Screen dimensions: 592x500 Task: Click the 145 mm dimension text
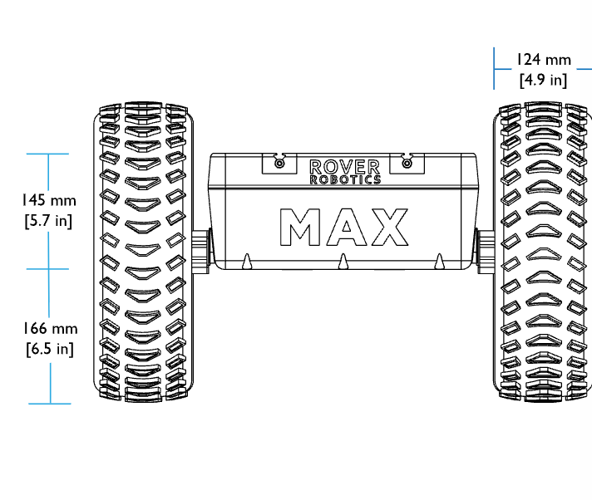[49, 200]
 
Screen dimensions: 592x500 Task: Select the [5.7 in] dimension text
[48, 221]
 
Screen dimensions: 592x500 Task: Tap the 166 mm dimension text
[50, 328]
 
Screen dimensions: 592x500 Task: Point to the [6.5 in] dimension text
[50, 349]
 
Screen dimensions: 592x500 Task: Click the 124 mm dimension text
[543, 60]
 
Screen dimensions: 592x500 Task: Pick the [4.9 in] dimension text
[543, 80]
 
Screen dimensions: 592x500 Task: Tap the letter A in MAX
[347, 227]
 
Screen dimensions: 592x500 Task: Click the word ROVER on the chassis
[344, 167]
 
